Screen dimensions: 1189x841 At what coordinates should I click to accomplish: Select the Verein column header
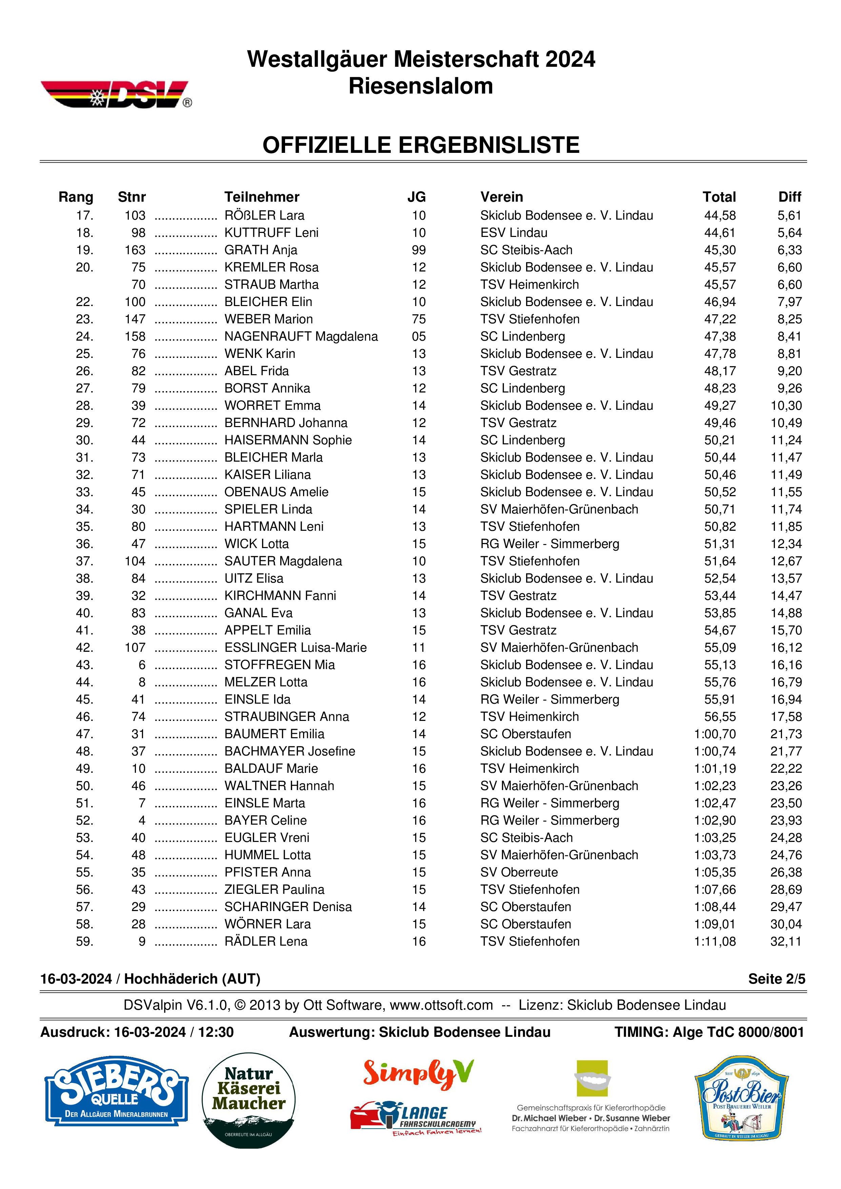click(501, 197)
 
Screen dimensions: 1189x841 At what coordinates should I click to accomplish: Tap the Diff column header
click(789, 197)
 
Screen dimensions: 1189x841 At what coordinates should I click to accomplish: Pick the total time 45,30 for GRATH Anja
click(719, 250)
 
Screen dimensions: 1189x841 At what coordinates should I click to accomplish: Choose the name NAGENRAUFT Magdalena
click(301, 337)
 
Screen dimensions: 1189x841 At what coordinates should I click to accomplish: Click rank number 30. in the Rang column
click(84, 440)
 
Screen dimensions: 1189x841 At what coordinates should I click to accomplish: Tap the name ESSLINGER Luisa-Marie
click(295, 647)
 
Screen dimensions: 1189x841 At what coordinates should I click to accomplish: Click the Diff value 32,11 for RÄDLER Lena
click(786, 942)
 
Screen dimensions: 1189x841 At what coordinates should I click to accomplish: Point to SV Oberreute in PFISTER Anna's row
click(519, 872)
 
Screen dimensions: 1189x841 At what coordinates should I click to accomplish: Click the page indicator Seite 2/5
click(776, 979)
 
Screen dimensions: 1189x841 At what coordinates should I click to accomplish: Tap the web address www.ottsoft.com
click(441, 1005)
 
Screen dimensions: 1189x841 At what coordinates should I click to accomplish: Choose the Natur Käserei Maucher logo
click(248, 1100)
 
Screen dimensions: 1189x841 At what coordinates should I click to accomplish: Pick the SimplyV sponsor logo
click(418, 1072)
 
